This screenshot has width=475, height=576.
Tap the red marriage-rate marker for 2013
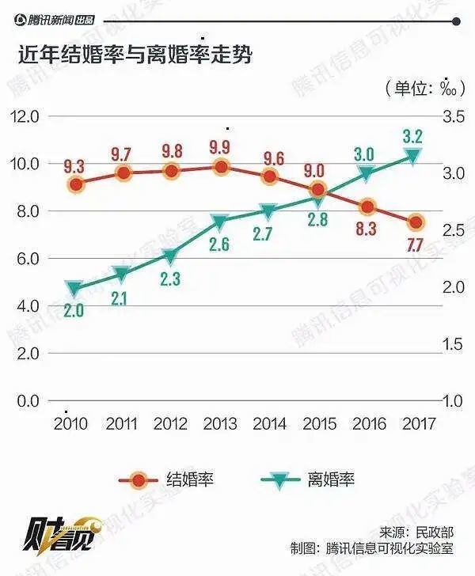[x=222, y=166]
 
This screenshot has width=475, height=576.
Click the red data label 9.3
[x=75, y=166]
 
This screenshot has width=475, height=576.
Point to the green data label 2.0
[x=74, y=311]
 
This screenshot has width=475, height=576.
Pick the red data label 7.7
[x=414, y=245]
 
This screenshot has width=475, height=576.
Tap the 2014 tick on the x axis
[x=269, y=423]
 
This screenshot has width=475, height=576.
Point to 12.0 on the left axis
[x=24, y=116]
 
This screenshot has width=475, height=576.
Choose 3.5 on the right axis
[x=451, y=116]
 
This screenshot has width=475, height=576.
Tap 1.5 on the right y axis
[x=451, y=344]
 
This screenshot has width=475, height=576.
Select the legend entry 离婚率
[x=331, y=479]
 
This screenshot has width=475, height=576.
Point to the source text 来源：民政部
[x=419, y=531]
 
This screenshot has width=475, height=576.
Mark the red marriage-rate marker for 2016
[x=367, y=207]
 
